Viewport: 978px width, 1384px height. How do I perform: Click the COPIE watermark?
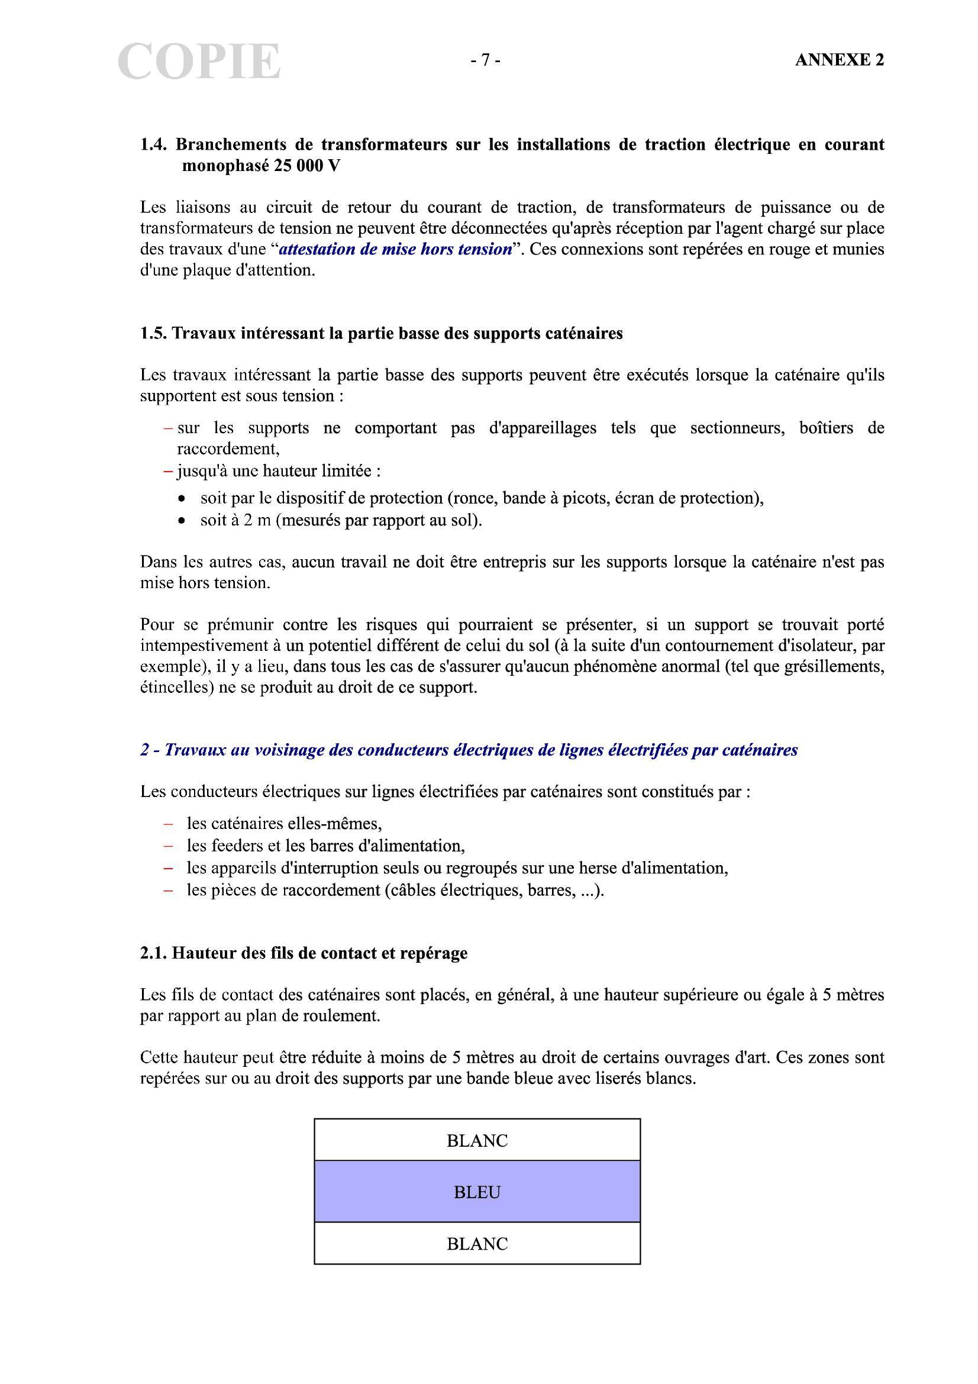coord(199,62)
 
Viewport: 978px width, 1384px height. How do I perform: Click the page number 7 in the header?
coord(485,60)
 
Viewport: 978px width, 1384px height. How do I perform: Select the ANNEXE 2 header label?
coord(839,60)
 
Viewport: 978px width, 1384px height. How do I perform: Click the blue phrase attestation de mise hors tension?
coord(396,250)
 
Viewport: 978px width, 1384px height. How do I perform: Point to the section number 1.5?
coord(154,333)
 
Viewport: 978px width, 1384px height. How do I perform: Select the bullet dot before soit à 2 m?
coord(182,520)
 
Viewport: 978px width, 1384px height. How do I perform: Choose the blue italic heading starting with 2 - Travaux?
coord(469,750)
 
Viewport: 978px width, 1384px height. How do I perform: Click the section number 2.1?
coord(154,953)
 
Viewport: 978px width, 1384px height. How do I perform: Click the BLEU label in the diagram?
coord(477,1192)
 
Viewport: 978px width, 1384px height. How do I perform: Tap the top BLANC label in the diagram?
coord(477,1140)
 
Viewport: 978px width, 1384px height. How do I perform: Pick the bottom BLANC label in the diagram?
coord(477,1244)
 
